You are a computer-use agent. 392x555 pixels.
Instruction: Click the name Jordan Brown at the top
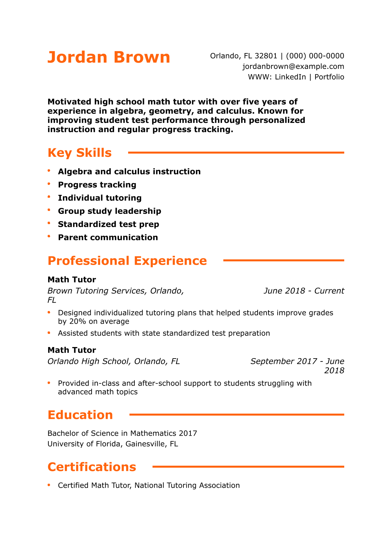109,57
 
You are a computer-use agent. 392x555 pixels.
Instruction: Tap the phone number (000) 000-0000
315,56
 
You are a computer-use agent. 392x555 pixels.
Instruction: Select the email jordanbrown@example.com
293,67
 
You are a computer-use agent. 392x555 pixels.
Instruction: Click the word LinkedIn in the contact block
290,77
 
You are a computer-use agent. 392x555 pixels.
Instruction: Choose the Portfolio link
329,77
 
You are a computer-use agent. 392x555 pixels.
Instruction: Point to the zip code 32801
266,56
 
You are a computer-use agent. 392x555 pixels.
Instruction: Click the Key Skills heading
80,153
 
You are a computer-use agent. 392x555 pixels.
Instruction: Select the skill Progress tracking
97,185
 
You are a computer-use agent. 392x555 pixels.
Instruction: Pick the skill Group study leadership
109,211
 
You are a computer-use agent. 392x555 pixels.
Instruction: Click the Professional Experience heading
127,261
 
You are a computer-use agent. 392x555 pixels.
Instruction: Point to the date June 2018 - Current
304,291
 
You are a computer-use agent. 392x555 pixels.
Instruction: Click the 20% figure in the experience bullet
78,322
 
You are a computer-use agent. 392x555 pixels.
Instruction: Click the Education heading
80,415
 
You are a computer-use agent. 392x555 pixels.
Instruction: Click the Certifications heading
92,467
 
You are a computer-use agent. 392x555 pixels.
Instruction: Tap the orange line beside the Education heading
237,415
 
